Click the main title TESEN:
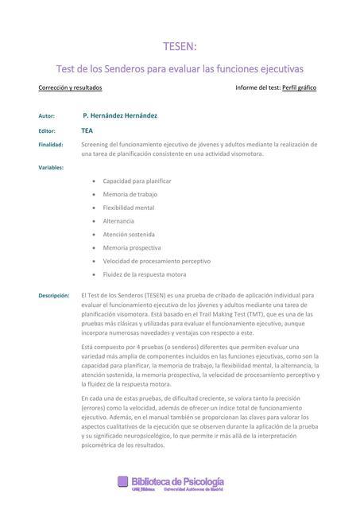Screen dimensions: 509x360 (x=179, y=47)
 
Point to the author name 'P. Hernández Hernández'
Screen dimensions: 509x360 (x=120, y=115)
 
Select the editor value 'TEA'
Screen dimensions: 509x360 (x=87, y=130)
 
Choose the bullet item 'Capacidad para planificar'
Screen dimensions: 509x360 (x=137, y=181)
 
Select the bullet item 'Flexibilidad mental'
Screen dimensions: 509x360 (x=129, y=208)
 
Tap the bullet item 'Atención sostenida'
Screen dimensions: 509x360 (x=129, y=235)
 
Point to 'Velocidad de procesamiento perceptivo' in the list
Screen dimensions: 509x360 (x=157, y=261)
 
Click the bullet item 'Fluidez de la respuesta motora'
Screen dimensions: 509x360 (x=145, y=274)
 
